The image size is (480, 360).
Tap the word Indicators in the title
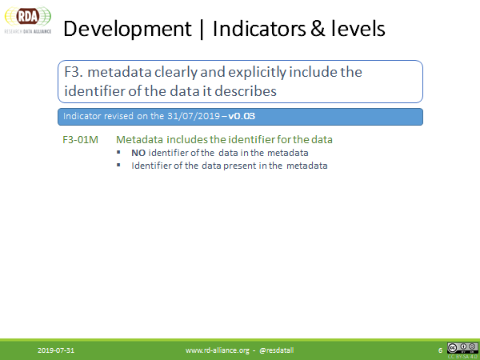tap(254, 29)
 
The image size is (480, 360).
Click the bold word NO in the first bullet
tap(138, 153)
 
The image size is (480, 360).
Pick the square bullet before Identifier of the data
tap(119, 166)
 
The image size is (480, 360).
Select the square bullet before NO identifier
tap(119, 153)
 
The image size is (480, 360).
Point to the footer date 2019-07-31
tap(56, 350)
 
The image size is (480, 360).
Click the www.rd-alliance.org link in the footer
tap(218, 350)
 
